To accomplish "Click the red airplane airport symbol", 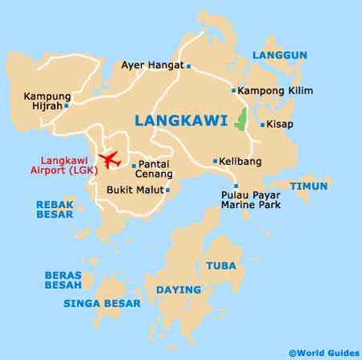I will click(107, 159).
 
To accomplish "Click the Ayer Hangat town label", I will click(152, 66).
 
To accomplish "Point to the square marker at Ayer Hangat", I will click(189, 66).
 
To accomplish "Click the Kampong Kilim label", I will click(274, 90).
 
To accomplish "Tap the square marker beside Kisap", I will click(262, 125).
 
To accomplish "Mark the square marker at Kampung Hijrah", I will click(66, 105).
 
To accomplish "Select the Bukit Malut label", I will click(134, 190).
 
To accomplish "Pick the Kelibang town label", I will click(243, 161).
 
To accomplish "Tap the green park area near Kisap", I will click(239, 122).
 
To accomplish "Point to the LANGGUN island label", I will click(280, 55).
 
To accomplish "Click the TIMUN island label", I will click(309, 186).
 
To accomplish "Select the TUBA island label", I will click(220, 266).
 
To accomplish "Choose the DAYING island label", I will click(178, 290).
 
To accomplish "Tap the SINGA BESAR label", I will click(103, 303).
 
